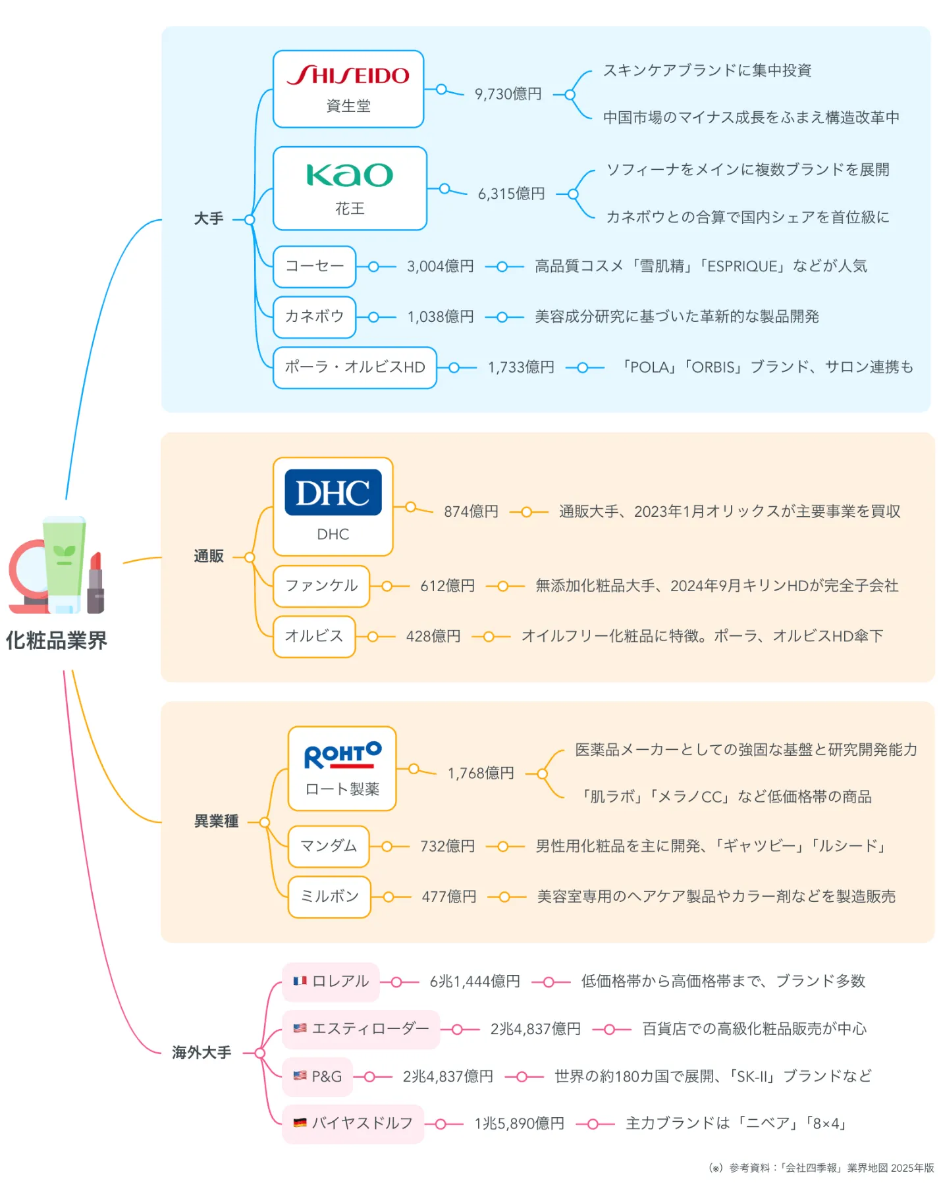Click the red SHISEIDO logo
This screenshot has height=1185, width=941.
pos(348,75)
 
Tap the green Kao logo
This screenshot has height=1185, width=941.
pos(349,175)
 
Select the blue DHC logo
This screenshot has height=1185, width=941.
pos(333,492)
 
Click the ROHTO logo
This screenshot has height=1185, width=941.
pos(342,756)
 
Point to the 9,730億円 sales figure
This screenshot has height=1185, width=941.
pos(508,94)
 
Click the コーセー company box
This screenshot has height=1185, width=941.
pos(314,266)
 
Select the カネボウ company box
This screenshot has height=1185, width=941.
pos(314,317)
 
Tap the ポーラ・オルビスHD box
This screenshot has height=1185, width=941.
pos(354,367)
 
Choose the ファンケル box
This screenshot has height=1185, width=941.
pos(321,586)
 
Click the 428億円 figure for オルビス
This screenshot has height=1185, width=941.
pos(433,637)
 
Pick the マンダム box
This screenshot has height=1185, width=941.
pos(328,846)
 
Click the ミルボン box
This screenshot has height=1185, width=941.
pos(329,897)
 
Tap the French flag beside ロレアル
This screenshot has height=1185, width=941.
pos(300,981)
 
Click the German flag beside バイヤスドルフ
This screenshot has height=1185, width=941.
pos(300,1123)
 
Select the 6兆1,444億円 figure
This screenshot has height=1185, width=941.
pos(474,982)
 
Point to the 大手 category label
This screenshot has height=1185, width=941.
pos(209,219)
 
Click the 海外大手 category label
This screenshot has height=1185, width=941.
pos(202,1053)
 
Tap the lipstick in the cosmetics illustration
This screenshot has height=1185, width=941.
pos(95,583)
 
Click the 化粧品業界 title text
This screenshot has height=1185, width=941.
pos(57,641)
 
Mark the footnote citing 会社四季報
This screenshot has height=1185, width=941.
pos(821,1168)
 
